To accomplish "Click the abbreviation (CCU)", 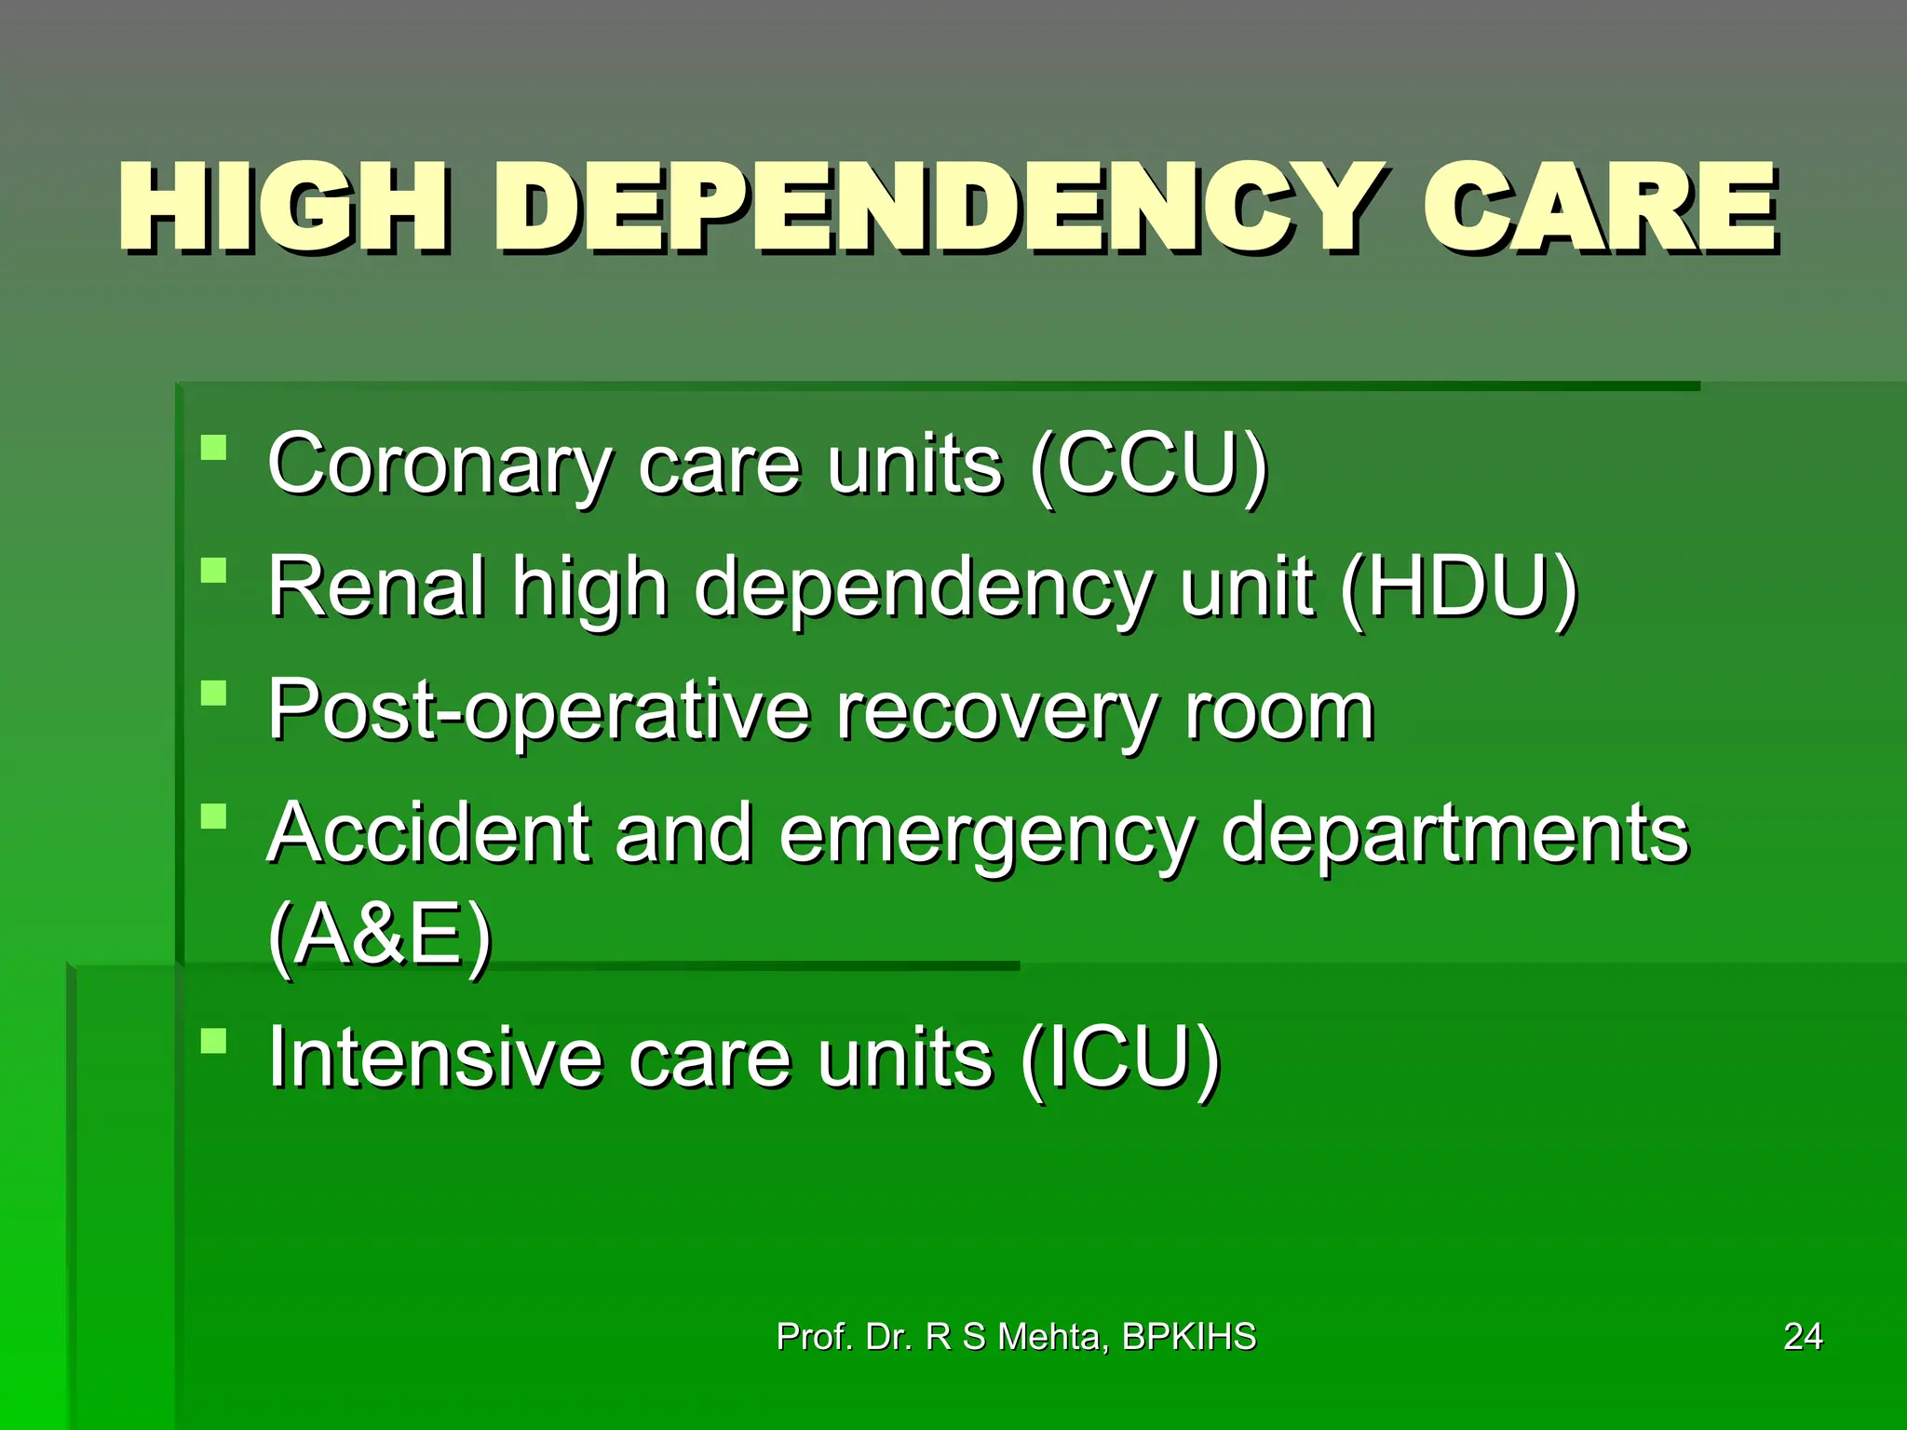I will click(x=1149, y=465).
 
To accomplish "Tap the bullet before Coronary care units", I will click(x=214, y=448).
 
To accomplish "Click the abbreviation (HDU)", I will click(x=1458, y=587).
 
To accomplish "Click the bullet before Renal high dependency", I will click(x=214, y=570).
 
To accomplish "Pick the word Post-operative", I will click(x=538, y=711).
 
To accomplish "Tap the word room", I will click(x=1278, y=711).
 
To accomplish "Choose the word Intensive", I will click(x=435, y=1058).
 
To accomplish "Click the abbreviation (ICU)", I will click(x=1119, y=1058).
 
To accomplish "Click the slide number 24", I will click(x=1803, y=1337).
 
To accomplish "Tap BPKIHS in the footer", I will click(x=1189, y=1337).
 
